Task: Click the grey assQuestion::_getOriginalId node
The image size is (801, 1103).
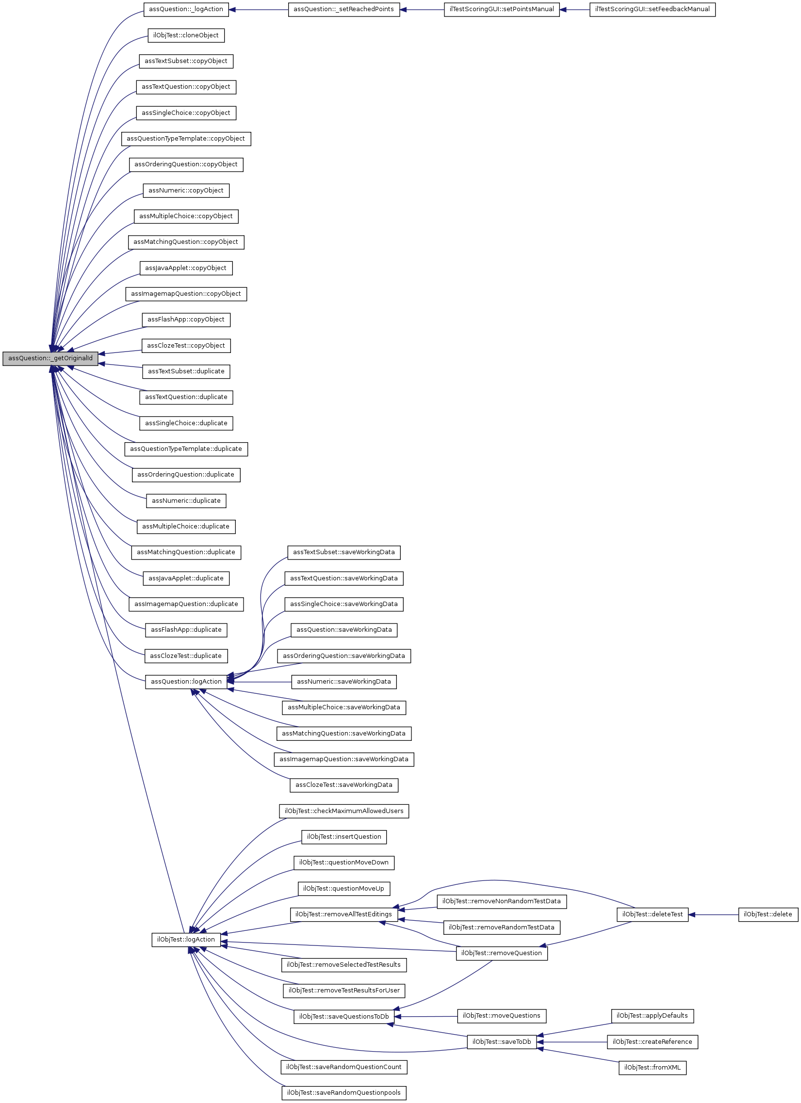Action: pyautogui.click(x=50, y=358)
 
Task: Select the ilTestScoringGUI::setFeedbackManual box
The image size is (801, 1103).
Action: pyautogui.click(x=652, y=9)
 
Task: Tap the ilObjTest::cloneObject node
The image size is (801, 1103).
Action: pyautogui.click(x=186, y=35)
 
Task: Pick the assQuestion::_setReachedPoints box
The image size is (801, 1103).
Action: pyautogui.click(x=343, y=9)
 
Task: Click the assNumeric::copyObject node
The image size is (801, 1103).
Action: pyautogui.click(x=186, y=191)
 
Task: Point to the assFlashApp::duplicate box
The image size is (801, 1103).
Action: pyautogui.click(x=186, y=630)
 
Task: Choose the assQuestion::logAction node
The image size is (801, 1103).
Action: pyautogui.click(x=186, y=682)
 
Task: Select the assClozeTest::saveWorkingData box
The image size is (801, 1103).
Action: pyautogui.click(x=343, y=785)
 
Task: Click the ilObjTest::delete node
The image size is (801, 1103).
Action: pyautogui.click(x=768, y=914)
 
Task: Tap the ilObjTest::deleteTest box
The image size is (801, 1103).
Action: pyautogui.click(x=652, y=914)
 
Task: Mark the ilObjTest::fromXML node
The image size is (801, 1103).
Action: pyautogui.click(x=652, y=1068)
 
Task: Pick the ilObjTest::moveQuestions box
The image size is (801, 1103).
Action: pyautogui.click(x=501, y=1016)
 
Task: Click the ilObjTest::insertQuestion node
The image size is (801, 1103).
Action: pyautogui.click(x=343, y=837)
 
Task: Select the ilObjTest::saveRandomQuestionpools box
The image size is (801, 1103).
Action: pyautogui.click(x=343, y=1093)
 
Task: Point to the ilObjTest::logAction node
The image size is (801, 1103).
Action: pyautogui.click(x=186, y=940)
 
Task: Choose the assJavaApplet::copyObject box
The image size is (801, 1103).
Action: pyautogui.click(x=186, y=268)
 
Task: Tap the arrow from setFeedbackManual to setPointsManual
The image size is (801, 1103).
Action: pyautogui.click(x=575, y=9)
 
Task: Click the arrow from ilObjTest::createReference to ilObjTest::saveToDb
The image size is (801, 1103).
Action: pyautogui.click(x=572, y=1042)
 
